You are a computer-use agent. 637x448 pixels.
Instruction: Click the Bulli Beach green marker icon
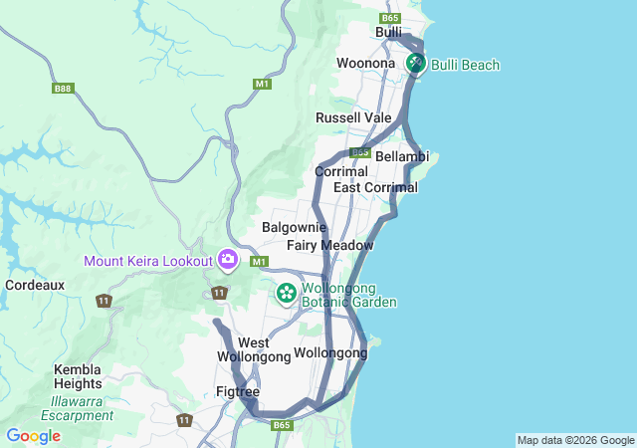pyautogui.click(x=415, y=64)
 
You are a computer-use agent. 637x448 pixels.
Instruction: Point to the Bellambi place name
pyautogui.click(x=402, y=156)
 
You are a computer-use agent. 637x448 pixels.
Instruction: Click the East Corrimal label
pyautogui.click(x=375, y=187)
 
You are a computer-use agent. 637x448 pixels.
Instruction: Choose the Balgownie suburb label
pyautogui.click(x=289, y=228)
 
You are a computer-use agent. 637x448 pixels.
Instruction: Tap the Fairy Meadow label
pyautogui.click(x=330, y=245)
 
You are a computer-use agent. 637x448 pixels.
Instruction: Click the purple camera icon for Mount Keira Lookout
pyautogui.click(x=228, y=260)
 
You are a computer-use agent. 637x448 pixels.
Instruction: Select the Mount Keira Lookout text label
pyautogui.click(x=148, y=261)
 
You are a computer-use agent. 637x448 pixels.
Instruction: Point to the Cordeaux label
pyautogui.click(x=35, y=285)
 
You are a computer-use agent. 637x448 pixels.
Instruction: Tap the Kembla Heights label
pyautogui.click(x=78, y=376)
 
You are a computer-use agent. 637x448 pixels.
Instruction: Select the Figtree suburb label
pyautogui.click(x=238, y=391)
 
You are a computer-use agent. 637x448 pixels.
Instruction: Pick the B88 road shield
pyautogui.click(x=63, y=89)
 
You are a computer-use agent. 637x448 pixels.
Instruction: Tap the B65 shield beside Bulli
pyautogui.click(x=390, y=18)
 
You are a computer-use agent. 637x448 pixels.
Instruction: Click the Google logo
pyautogui.click(x=33, y=436)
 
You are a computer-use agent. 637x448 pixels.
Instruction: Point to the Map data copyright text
pyautogui.click(x=575, y=440)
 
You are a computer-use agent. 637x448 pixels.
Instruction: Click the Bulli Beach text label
pyautogui.click(x=466, y=65)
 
